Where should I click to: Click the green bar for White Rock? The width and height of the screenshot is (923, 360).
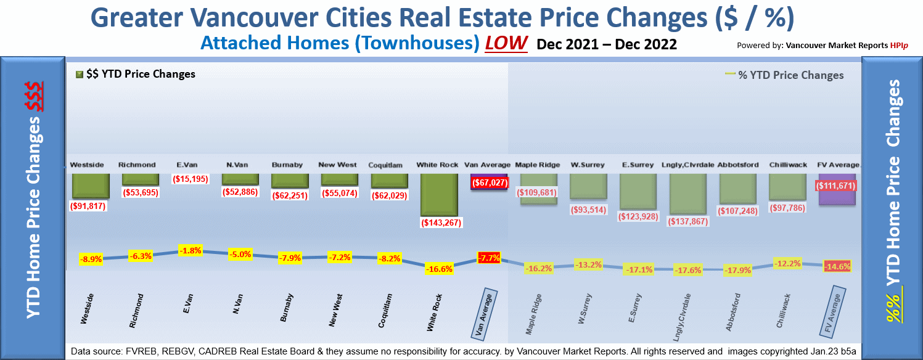pos(439,194)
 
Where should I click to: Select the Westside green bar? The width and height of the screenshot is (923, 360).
pos(91,186)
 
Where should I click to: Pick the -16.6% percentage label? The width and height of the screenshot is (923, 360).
pos(439,269)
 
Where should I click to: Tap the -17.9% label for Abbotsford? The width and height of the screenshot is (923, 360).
pos(736,269)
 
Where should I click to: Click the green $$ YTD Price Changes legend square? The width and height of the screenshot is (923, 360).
pos(79,75)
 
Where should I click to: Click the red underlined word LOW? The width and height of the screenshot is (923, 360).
pos(506,43)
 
